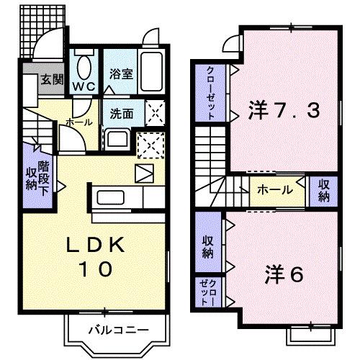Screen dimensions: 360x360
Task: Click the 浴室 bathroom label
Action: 120,73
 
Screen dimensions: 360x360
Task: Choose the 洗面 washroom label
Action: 121,113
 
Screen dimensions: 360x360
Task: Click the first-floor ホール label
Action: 78,122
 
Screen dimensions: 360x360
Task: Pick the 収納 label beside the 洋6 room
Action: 207,247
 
